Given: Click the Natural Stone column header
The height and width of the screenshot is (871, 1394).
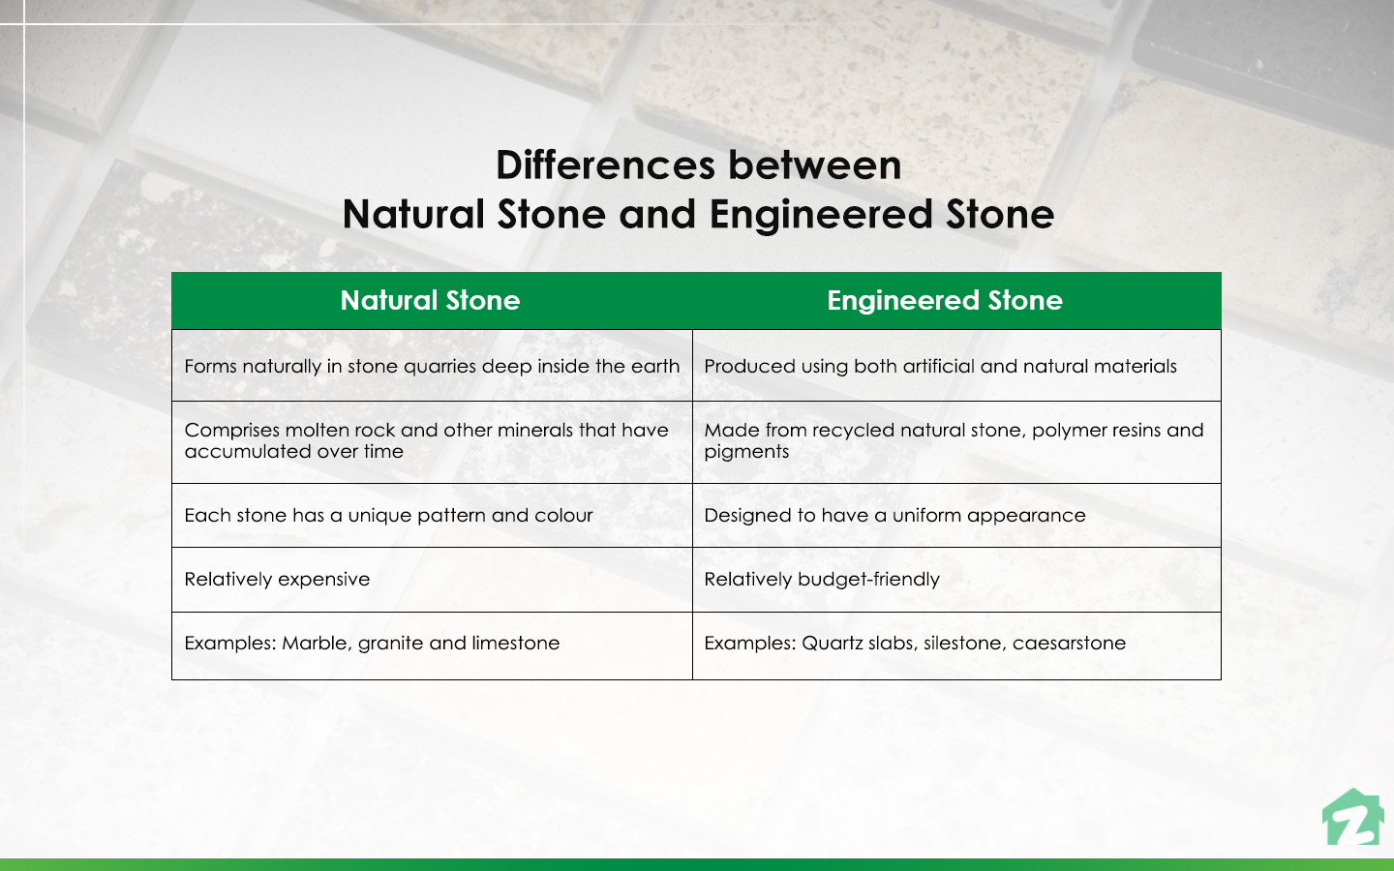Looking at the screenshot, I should tap(430, 301).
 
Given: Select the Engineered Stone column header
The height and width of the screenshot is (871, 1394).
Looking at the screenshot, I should tap(944, 301).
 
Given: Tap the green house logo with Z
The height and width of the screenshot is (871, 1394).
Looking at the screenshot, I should tap(1354, 819).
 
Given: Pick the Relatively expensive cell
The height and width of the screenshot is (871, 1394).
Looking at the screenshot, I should tap(277, 580).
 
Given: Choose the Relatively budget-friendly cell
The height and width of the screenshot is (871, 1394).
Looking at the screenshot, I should tap(821, 580).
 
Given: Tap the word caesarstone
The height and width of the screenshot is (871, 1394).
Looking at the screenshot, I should tap(1069, 644).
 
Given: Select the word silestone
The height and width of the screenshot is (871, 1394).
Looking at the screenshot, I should tap(963, 644).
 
